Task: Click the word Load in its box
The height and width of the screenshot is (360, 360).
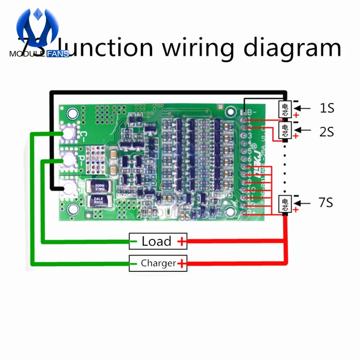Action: point(156,241)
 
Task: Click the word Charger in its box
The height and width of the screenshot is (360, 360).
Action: point(158,263)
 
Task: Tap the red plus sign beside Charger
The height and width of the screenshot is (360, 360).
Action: point(182,264)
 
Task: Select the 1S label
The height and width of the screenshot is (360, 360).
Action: point(327,108)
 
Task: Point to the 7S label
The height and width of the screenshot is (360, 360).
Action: point(326,203)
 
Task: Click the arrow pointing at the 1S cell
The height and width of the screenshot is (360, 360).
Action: point(305,108)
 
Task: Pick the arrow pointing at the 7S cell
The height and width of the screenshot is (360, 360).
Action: point(305,203)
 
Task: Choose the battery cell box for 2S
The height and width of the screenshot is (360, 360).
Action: point(285,130)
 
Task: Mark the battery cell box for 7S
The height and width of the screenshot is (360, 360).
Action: point(285,204)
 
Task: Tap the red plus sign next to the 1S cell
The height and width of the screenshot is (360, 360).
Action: point(296,115)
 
